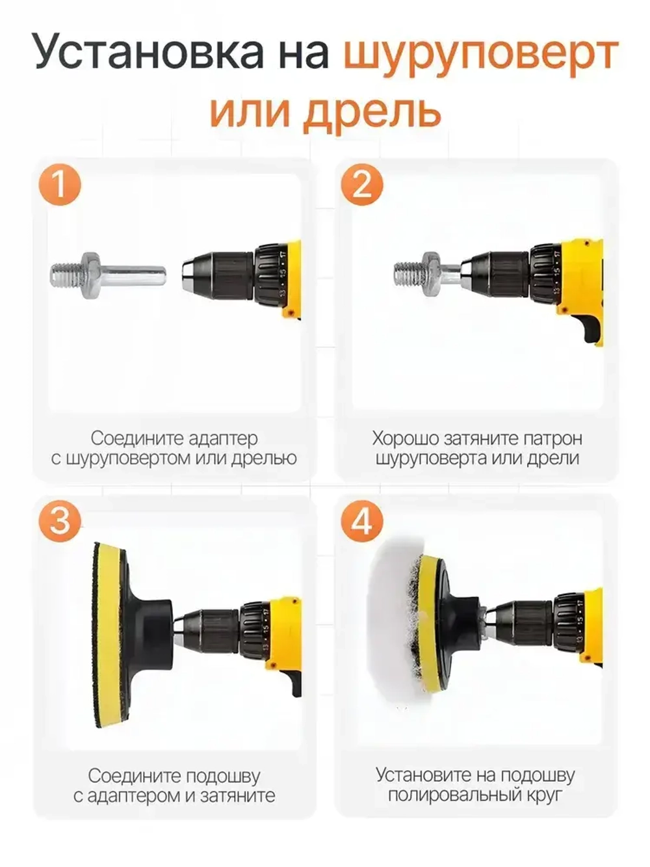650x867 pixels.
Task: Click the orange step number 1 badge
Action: [60, 184]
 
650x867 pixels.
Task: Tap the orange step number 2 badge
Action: [362, 184]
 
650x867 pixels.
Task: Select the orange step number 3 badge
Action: [60, 521]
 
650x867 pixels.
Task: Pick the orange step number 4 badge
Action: [362, 521]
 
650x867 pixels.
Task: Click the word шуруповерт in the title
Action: [480, 54]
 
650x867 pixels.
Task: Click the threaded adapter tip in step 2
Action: [408, 274]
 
